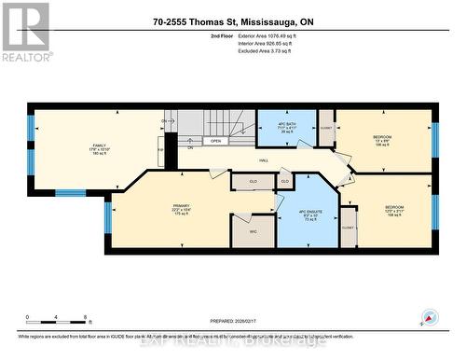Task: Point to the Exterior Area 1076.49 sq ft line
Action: pyautogui.click(x=269, y=35)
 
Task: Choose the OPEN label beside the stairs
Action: pyautogui.click(x=215, y=142)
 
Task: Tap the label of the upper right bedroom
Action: pyautogui.click(x=382, y=141)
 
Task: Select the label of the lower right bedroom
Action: pyautogui.click(x=394, y=211)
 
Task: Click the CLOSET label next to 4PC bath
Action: pyautogui.click(x=326, y=127)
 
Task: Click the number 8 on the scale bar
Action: pyautogui.click(x=86, y=317)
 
